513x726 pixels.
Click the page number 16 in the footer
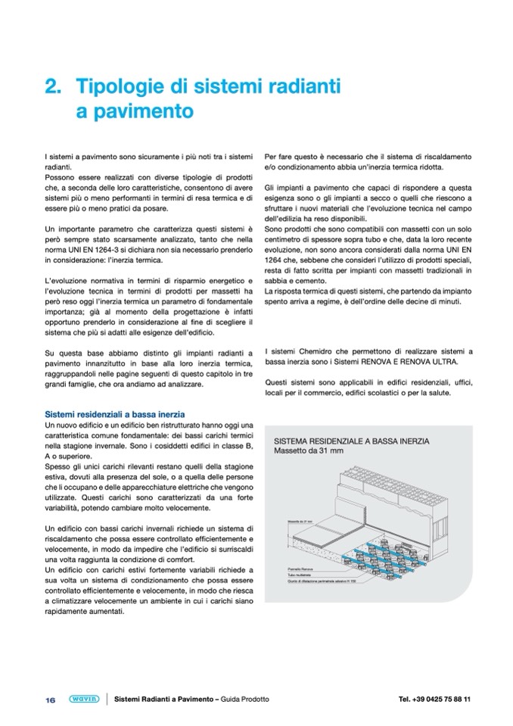(50, 700)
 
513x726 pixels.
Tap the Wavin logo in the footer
(81, 700)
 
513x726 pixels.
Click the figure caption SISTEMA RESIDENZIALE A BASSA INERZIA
(352, 441)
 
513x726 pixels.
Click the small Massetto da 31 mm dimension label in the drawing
(300, 522)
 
